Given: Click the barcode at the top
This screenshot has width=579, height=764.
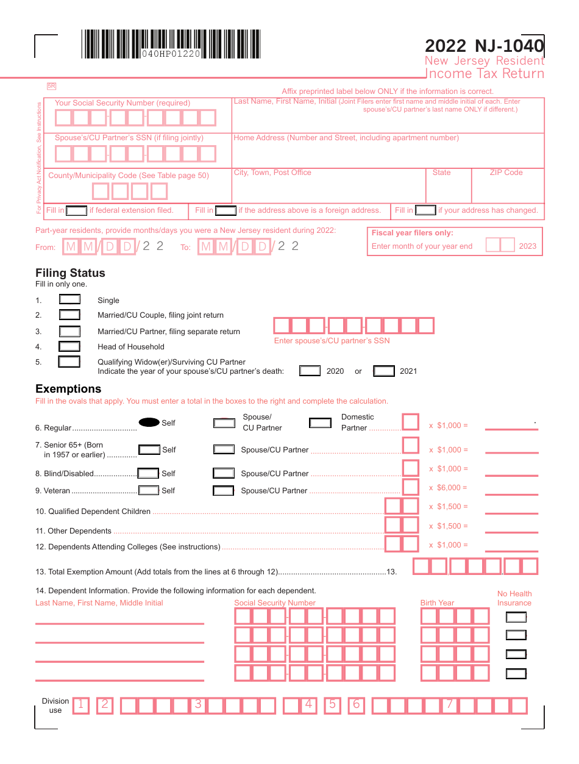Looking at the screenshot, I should pyautogui.click(x=171, y=44).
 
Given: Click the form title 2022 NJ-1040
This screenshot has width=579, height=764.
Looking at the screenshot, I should pyautogui.click(x=484, y=46).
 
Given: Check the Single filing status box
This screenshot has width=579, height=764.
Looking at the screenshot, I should pyautogui.click(x=69, y=299).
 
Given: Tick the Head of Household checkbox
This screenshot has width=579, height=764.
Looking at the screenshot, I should pyautogui.click(x=69, y=346).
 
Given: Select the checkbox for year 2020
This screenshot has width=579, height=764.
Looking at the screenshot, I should pyautogui.click(x=310, y=371).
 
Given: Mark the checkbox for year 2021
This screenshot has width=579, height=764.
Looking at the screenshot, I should pyautogui.click(x=384, y=371).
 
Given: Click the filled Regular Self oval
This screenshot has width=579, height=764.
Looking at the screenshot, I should pyautogui.click(x=149, y=423).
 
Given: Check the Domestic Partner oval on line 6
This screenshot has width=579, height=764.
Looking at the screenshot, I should pyautogui.click(x=320, y=423).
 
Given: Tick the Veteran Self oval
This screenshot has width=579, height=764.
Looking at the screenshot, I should pyautogui.click(x=149, y=490).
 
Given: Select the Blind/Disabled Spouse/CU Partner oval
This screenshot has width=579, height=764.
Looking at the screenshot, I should pyautogui.click(x=224, y=473).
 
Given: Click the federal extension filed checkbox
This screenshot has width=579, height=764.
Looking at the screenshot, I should pyautogui.click(x=76, y=210).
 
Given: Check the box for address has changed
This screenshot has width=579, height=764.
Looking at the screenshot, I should pyautogui.click(x=425, y=210).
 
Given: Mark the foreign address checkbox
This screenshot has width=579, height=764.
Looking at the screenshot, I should pyautogui.click(x=226, y=210).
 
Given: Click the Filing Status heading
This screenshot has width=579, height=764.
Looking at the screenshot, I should pyautogui.click(x=70, y=273).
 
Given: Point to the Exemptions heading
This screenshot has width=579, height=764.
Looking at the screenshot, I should pyautogui.click(x=68, y=389).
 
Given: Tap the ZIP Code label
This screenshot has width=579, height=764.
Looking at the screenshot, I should pyautogui.click(x=506, y=173).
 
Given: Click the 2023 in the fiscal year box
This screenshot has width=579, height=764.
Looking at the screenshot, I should pyautogui.click(x=528, y=246).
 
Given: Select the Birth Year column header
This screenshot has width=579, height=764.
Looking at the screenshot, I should pyautogui.click(x=437, y=603).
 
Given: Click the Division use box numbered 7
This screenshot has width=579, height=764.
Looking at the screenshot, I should pyautogui.click(x=449, y=705).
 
